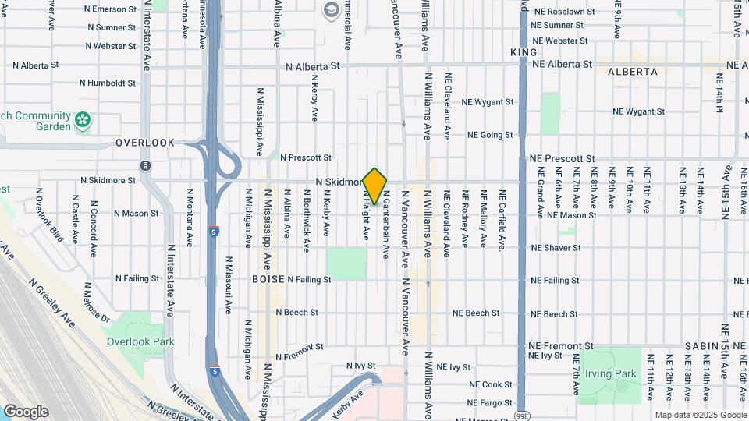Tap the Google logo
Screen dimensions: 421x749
[26, 412]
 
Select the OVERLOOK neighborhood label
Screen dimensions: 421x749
[145, 143]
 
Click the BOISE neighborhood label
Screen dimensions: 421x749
[268, 279]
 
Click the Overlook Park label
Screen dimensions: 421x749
[140, 341]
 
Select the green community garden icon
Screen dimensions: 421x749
[83, 121]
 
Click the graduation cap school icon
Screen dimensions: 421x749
[331, 9]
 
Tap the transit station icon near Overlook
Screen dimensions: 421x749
[145, 166]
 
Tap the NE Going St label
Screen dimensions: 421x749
[490, 135]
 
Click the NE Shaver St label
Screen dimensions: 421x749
[556, 248]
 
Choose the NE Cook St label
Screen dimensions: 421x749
[491, 385]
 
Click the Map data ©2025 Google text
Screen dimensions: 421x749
[699, 415]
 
